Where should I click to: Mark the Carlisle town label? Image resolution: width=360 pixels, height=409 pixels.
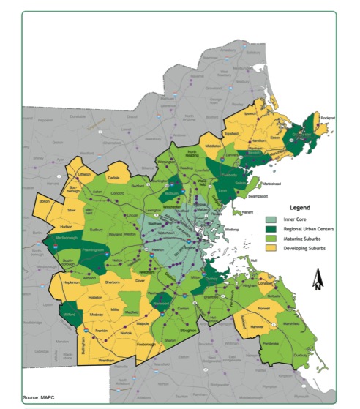[x=113, y=178]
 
